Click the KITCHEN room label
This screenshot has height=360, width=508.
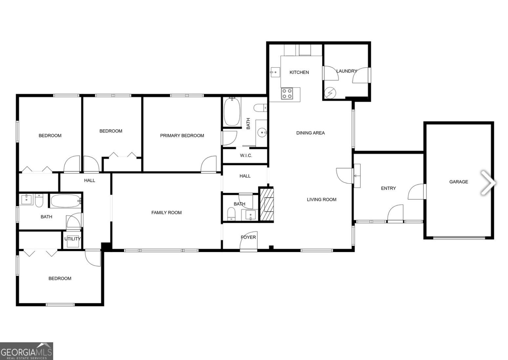tap(299, 72)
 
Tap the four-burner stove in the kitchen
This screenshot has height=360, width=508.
tap(287, 94)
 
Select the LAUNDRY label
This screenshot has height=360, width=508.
tap(347, 71)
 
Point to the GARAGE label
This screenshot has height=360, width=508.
tap(458, 181)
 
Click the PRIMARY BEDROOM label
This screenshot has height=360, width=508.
tap(182, 136)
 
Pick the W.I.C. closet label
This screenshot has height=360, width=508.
tap(246, 155)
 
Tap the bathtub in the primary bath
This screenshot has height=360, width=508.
tap(232, 112)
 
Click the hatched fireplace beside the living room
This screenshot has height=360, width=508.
tap(266, 204)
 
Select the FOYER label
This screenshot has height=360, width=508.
tap(248, 237)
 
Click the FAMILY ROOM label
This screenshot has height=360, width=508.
tap(166, 212)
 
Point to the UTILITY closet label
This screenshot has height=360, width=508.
tap(72, 239)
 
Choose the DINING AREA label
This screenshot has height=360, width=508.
tap(310, 133)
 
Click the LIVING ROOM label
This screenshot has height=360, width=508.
tap(321, 199)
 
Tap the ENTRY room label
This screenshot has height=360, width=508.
tap(388, 188)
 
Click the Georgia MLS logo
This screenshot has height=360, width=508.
tap(26, 351)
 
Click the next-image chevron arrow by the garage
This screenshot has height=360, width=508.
tap(488, 183)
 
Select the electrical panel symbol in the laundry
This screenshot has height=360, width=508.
tap(329, 94)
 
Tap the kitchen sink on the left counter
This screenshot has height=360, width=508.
tap(275, 71)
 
